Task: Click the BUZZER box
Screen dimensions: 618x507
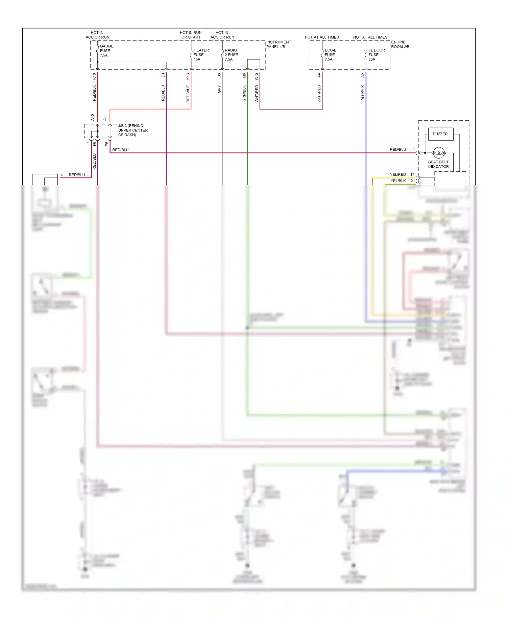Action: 440,134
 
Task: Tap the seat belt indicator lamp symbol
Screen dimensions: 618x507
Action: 439,153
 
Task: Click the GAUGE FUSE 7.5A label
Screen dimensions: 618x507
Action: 106,51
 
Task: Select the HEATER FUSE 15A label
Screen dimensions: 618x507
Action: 201,54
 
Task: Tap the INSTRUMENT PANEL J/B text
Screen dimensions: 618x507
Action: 278,44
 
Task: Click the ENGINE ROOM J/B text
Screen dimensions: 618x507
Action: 400,44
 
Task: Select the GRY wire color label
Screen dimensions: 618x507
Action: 219,89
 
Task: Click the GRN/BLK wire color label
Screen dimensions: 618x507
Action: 244,93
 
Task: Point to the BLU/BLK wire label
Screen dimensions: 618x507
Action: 363,93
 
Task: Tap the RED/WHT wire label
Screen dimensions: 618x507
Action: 188,94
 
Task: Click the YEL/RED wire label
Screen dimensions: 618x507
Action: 398,174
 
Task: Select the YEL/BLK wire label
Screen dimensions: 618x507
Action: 398,181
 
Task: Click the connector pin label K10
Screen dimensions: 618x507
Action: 94,76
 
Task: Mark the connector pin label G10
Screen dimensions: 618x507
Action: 257,76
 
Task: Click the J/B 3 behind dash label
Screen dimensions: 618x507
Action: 132,130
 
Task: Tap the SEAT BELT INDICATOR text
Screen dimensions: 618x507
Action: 438,164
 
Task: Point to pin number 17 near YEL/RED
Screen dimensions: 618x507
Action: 412,174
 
